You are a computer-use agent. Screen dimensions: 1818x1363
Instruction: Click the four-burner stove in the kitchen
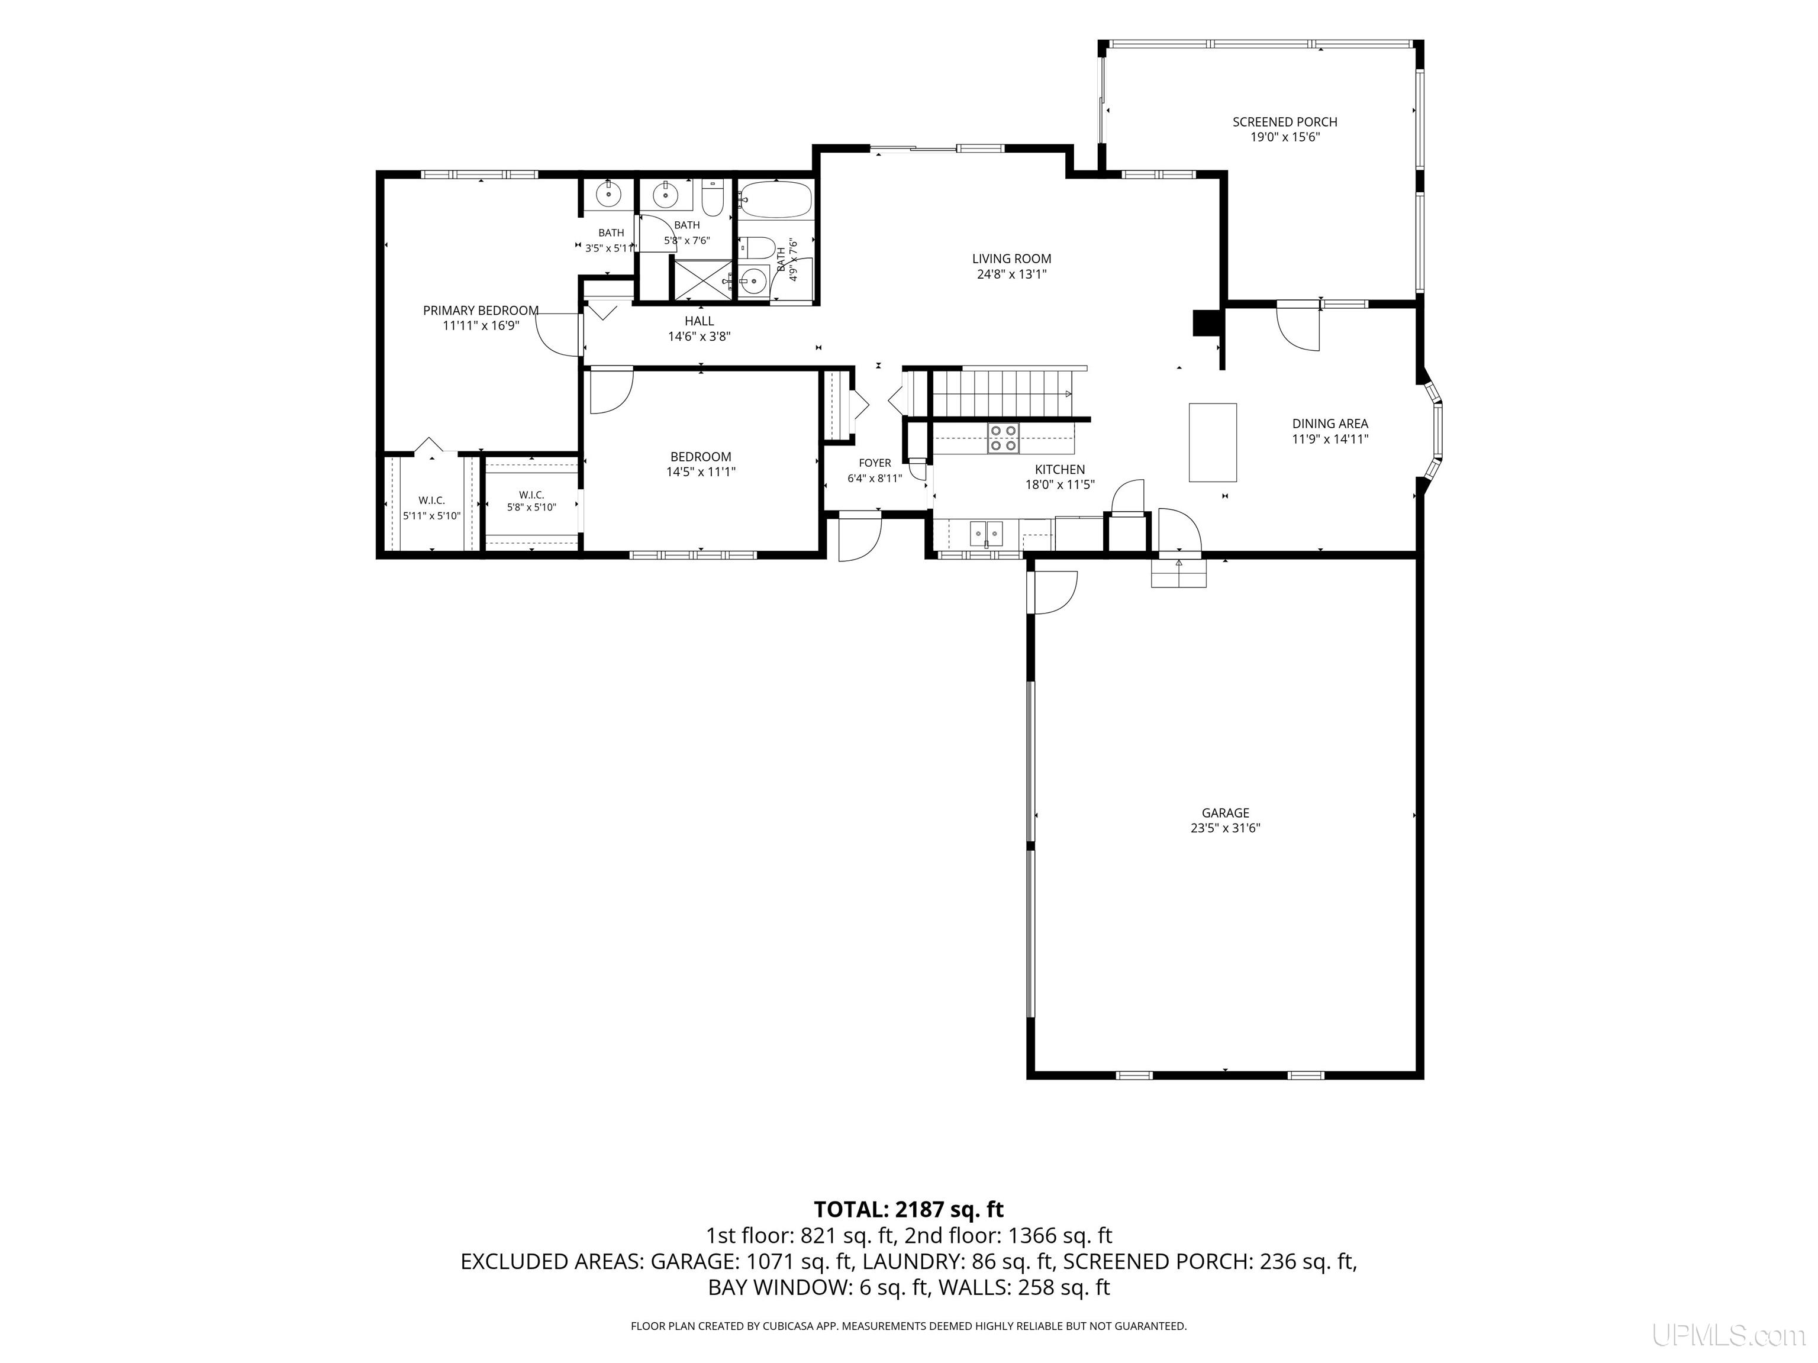[x=1003, y=438]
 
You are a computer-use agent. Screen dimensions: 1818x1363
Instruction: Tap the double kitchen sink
[x=987, y=533]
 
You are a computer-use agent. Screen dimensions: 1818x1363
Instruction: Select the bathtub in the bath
[x=775, y=199]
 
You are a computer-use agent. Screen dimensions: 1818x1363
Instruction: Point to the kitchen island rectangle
[x=1212, y=442]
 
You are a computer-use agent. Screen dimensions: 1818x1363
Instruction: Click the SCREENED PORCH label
[x=1285, y=122]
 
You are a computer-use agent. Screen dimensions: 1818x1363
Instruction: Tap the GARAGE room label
[x=1226, y=813]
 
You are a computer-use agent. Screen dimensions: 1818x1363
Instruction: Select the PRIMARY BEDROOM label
[x=481, y=311]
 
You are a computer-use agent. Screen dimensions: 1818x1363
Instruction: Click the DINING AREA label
[x=1330, y=424]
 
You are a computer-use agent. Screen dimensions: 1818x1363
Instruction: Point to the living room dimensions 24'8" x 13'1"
[x=1012, y=274]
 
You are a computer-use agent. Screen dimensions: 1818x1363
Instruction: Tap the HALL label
[x=700, y=321]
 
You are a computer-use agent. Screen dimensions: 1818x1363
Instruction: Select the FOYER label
[x=875, y=463]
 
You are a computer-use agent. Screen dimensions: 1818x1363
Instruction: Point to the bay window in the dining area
[x=1432, y=431]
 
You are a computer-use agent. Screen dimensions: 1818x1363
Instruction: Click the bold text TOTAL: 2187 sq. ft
[x=908, y=1209]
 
